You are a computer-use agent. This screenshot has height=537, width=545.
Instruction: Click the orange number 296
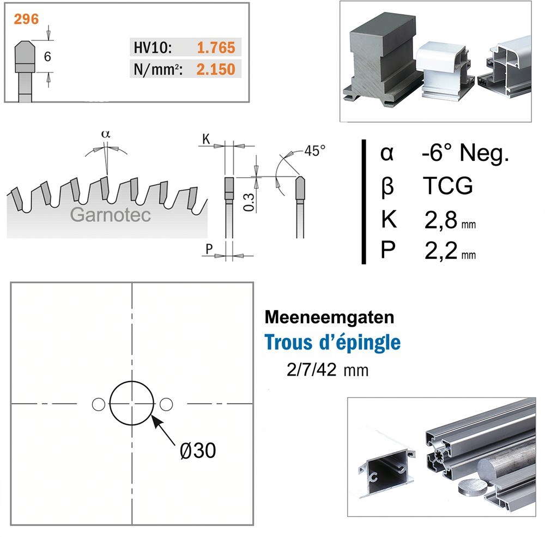point(26,19)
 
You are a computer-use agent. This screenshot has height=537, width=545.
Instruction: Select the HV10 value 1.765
point(216,47)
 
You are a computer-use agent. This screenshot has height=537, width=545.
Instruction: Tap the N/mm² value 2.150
point(215,69)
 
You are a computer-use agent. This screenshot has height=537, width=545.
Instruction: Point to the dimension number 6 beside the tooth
point(47,56)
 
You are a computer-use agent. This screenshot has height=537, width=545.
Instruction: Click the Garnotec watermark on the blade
point(111,215)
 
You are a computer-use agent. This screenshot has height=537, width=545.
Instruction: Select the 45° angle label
point(315,150)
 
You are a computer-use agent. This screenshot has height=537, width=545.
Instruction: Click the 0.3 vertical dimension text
point(249,202)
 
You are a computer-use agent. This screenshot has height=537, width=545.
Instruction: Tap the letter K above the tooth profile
point(206,139)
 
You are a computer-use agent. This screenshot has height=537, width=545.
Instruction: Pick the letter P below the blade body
point(209,249)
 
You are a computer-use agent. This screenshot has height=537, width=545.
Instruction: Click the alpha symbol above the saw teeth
point(106,134)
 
